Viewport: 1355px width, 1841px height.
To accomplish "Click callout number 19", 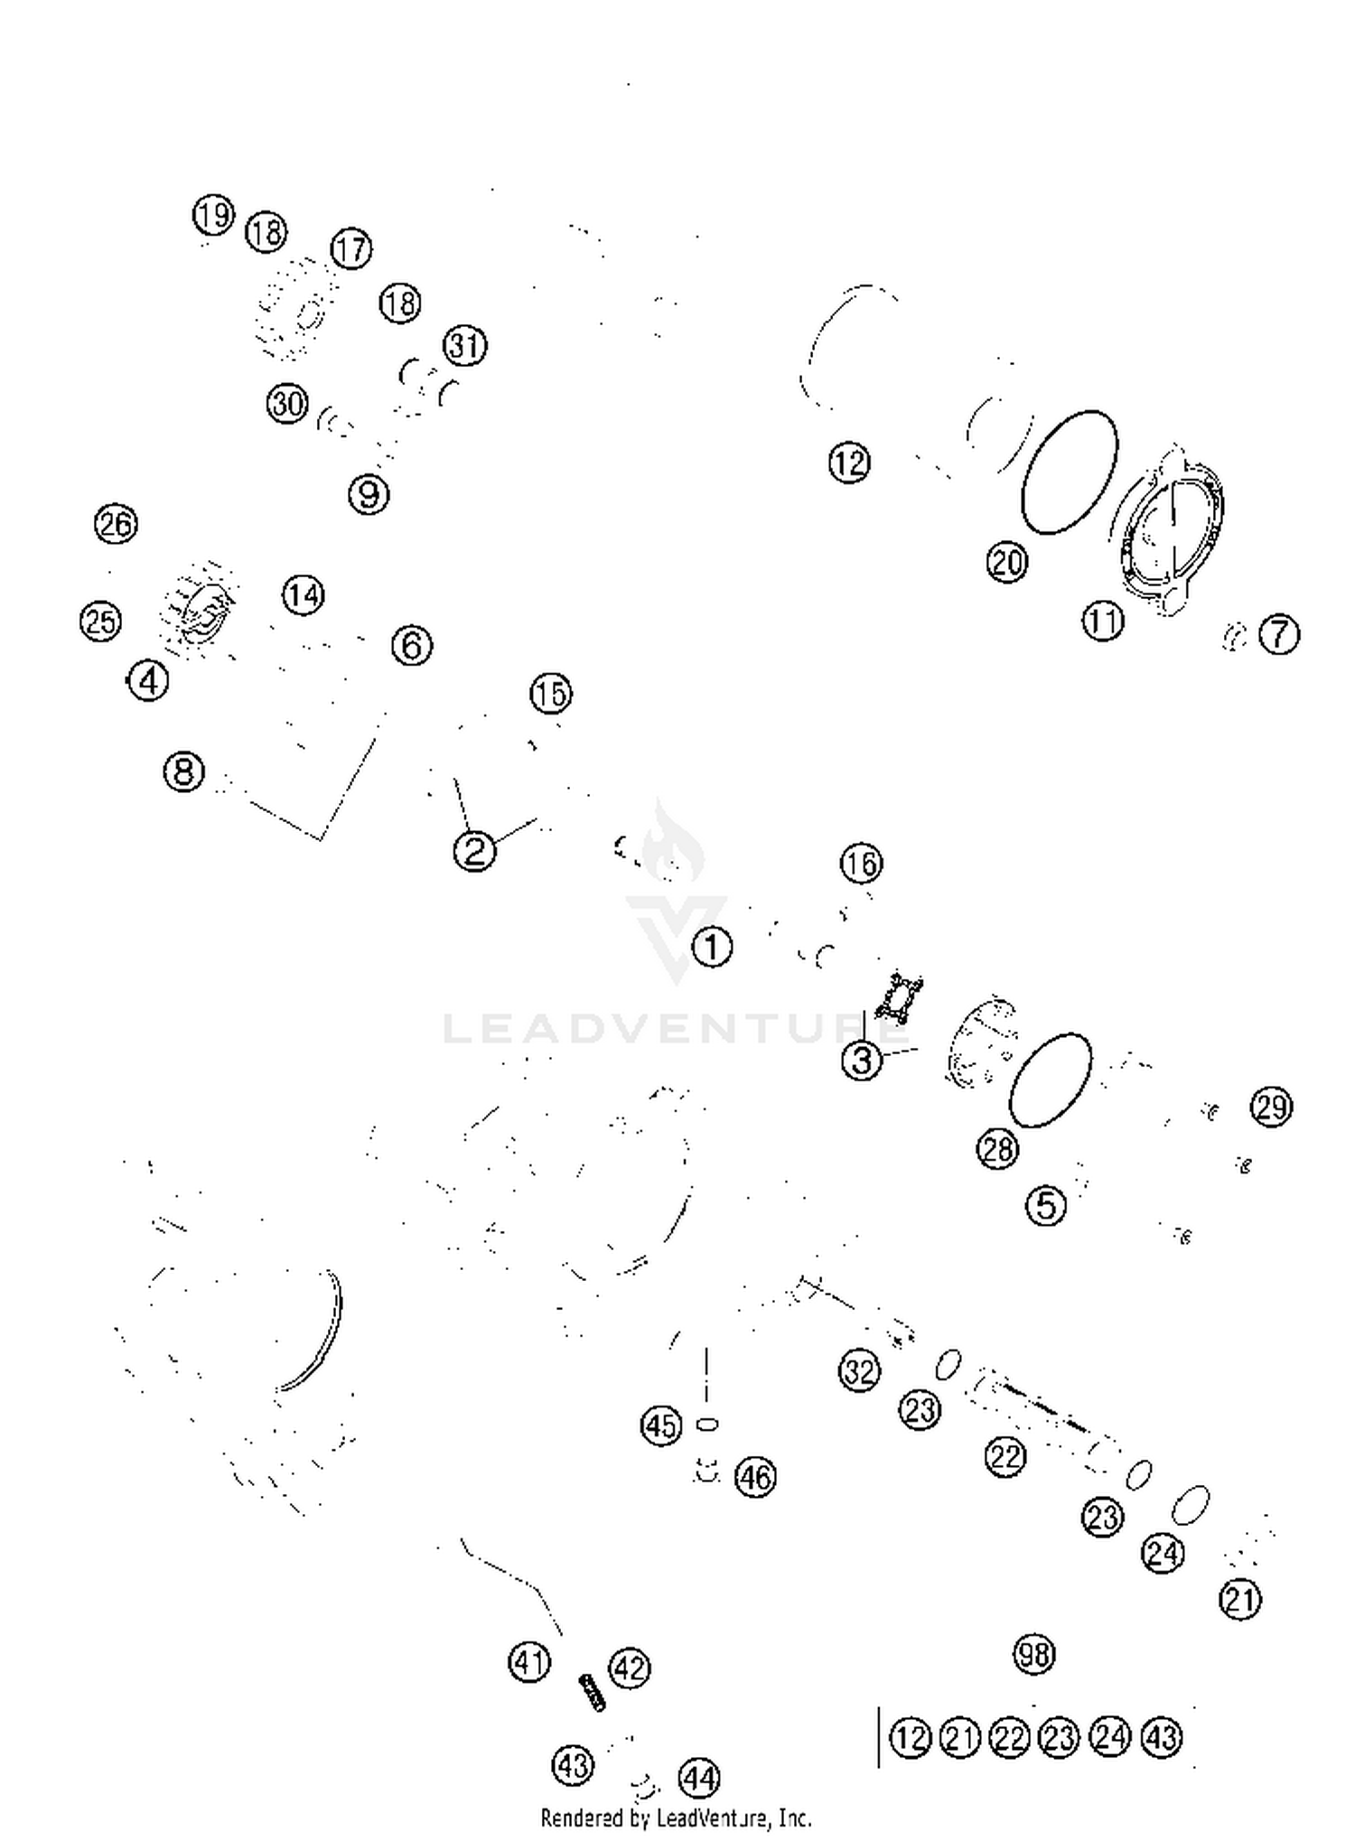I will click(213, 216).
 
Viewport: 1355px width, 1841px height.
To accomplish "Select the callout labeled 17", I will click(351, 248).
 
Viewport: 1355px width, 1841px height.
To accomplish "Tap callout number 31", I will click(465, 346).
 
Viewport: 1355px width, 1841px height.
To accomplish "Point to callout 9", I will click(369, 494).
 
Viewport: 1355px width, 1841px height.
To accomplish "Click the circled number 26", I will click(116, 524).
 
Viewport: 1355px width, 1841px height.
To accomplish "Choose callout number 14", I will click(304, 595).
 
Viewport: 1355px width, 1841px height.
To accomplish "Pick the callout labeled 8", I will click(184, 771).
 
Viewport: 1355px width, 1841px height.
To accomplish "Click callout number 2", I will click(475, 850).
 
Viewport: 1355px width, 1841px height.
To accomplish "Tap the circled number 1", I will click(712, 948).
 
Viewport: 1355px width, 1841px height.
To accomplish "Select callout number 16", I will click(861, 864).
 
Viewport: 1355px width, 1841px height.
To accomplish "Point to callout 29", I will click(1272, 1107).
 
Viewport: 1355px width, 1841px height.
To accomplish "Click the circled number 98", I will click(1034, 1655).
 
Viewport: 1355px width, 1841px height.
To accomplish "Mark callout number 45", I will click(661, 1425).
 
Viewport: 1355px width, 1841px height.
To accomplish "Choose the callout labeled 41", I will click(529, 1662).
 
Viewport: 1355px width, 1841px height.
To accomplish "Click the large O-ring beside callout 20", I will click(1069, 472).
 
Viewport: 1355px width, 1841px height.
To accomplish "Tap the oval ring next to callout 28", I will click(1050, 1079).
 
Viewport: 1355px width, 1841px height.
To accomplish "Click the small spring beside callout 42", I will click(593, 1692).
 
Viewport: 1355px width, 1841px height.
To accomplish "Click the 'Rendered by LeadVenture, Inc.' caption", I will click(676, 1818).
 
